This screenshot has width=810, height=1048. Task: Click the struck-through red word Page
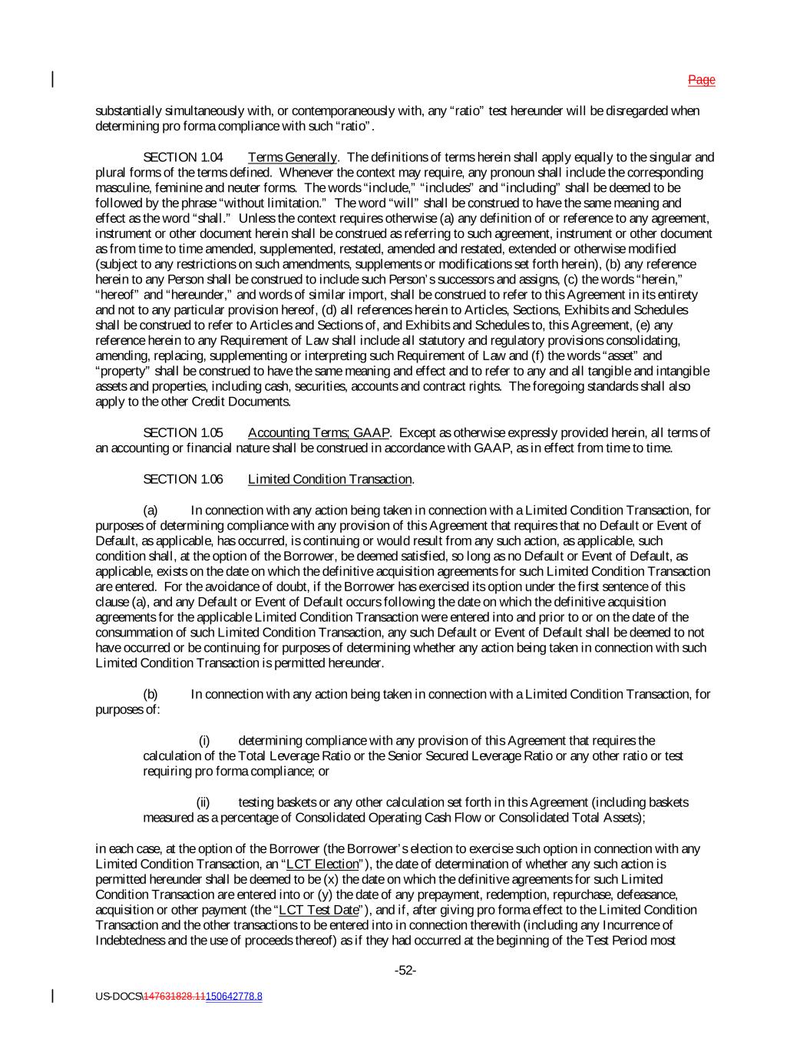pos(701,80)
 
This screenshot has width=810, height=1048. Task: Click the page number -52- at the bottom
pos(405,970)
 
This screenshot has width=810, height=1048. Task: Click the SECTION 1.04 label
pos(183,157)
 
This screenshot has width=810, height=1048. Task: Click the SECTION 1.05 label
pos(183,433)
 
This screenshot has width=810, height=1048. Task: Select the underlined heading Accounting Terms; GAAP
pos(319,433)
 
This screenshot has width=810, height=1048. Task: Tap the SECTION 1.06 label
pos(183,479)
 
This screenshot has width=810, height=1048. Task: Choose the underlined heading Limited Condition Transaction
pos(330,479)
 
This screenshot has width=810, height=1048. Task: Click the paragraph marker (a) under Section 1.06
pos(150,510)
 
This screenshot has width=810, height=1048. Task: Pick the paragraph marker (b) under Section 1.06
pos(150,694)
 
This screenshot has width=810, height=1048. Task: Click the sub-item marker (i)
pos(204,741)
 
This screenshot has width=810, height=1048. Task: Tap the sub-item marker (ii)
pos(203,802)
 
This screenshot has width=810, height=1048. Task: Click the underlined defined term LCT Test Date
pos(319,910)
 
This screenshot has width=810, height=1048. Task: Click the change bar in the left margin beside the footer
pos(52,996)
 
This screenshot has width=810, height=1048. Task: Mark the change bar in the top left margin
pos(52,79)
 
